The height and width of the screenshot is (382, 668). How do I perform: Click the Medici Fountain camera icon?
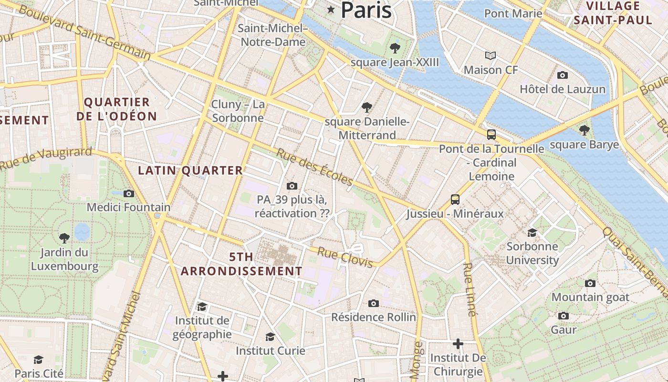128,193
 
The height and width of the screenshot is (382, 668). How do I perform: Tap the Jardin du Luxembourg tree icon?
64,238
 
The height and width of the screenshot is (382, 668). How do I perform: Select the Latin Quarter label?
190,170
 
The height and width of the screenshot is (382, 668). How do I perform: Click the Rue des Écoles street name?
314,167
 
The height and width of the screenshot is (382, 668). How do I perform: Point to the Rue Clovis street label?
344,257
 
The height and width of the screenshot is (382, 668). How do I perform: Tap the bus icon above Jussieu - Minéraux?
455,199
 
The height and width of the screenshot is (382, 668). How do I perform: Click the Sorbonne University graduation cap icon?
532,233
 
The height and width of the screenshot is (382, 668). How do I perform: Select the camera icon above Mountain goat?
590,283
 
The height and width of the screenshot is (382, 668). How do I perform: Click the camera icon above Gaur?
564,316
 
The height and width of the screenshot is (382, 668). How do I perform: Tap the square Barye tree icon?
584,130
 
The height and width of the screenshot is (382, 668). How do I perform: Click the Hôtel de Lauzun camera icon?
563,75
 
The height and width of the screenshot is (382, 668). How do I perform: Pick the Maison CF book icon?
491,55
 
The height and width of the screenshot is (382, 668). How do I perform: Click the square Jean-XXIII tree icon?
395,48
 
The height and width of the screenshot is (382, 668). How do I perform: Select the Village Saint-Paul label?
613,13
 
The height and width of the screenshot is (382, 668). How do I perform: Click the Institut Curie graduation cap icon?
270,337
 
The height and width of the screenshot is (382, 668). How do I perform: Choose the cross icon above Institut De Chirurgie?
458,344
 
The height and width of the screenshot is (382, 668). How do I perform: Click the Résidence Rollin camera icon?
374,303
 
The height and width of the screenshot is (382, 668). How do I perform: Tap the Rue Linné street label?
470,289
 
